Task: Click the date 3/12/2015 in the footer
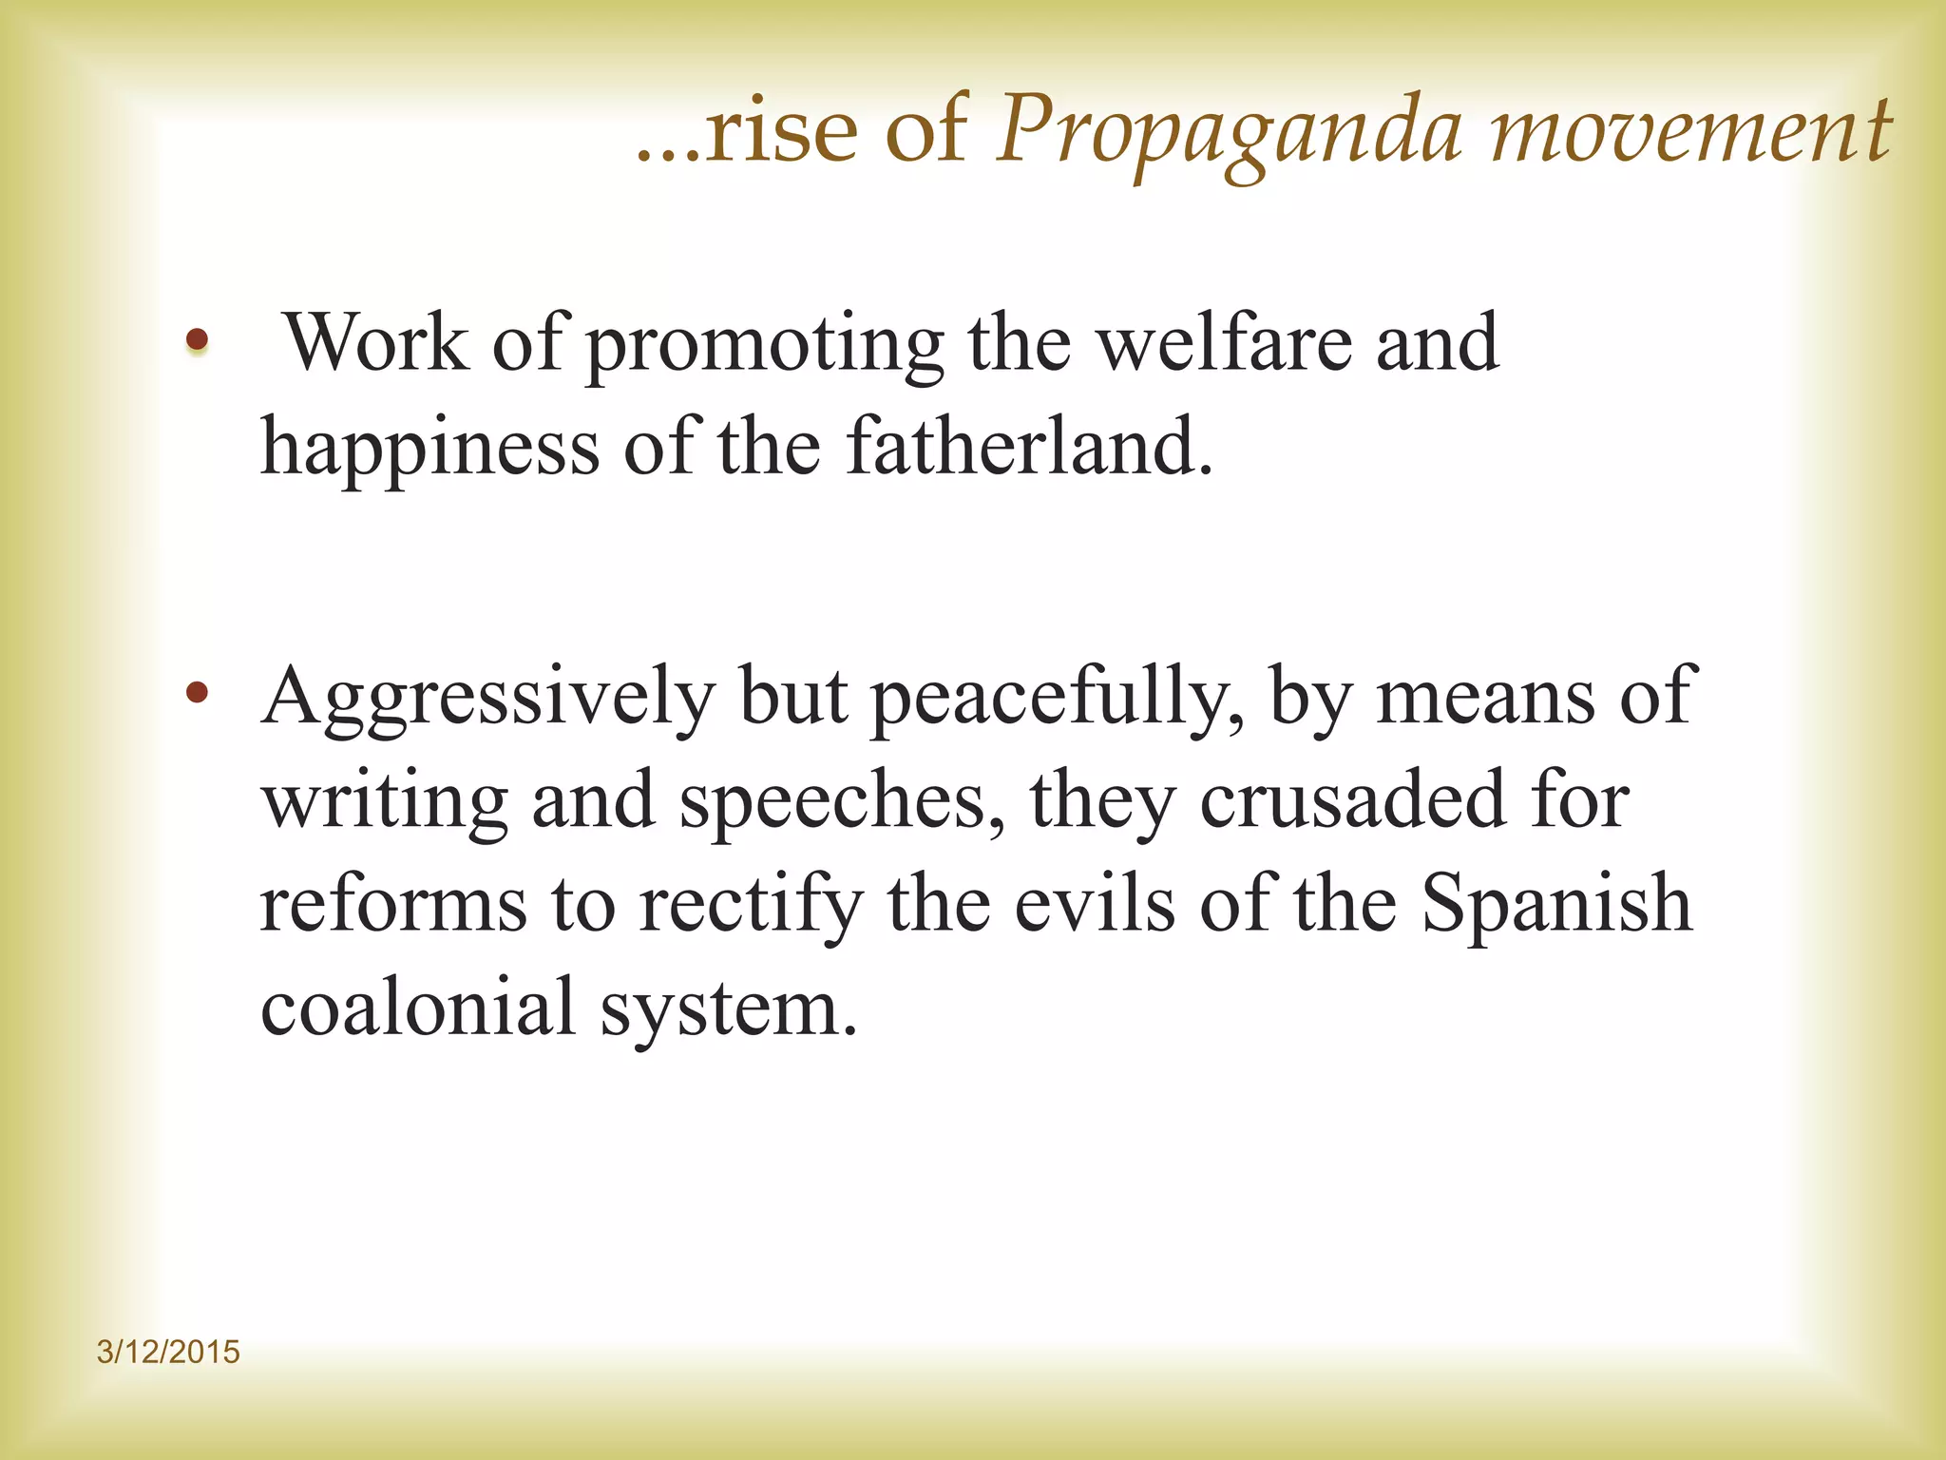[x=168, y=1352]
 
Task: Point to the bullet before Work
[x=197, y=339]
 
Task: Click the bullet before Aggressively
[x=197, y=693]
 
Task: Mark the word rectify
[x=751, y=905]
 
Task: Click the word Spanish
[x=1556, y=905]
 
